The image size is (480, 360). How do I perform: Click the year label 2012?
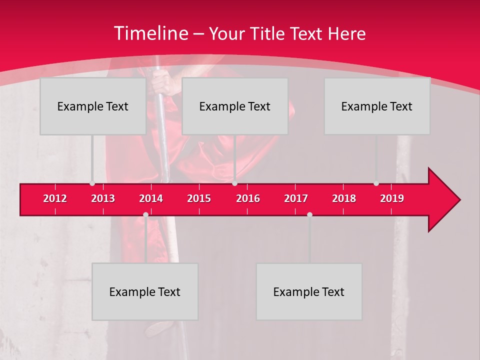(x=55, y=198)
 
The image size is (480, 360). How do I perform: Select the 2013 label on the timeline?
(x=103, y=198)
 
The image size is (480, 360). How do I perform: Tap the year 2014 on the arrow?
(x=151, y=198)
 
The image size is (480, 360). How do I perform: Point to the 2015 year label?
(x=199, y=198)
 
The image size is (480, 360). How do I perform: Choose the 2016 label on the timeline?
(x=248, y=198)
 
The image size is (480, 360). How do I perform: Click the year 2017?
(x=296, y=198)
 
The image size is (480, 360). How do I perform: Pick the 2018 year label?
(x=344, y=198)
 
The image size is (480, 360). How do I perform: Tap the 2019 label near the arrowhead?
(x=392, y=198)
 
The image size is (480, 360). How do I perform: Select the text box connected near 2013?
(x=93, y=106)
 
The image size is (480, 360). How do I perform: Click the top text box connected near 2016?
(x=235, y=106)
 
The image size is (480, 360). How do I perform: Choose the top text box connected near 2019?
(x=377, y=106)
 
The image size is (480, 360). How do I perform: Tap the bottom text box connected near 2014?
(x=145, y=292)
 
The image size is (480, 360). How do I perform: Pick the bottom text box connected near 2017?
(x=309, y=292)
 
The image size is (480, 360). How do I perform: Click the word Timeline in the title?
(x=150, y=33)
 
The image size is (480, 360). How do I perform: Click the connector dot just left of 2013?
(x=92, y=183)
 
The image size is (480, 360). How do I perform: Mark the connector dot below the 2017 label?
(x=309, y=214)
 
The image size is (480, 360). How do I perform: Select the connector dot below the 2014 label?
(x=145, y=214)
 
